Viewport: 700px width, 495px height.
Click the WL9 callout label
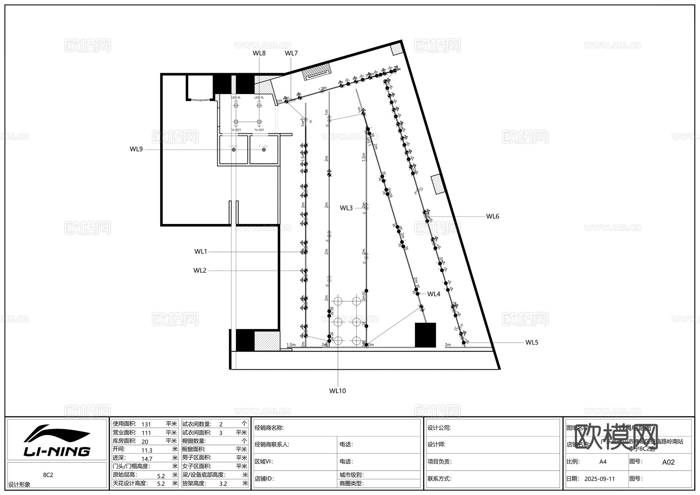(136, 149)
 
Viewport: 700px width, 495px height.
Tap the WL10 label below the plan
(337, 391)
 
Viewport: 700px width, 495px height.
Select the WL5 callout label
(532, 343)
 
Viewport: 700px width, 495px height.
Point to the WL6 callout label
(492, 217)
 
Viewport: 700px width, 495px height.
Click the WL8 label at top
(259, 53)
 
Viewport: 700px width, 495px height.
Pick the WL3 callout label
(346, 208)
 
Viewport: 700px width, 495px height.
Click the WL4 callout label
(434, 294)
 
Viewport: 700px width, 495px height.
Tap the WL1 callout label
(201, 252)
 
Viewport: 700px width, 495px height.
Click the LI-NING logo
(57, 441)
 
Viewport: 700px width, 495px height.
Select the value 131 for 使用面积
(146, 424)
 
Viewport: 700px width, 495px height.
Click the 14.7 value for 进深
(147, 459)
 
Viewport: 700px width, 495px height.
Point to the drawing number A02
(668, 462)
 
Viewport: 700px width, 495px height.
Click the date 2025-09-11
(599, 479)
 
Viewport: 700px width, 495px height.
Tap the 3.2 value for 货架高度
(223, 484)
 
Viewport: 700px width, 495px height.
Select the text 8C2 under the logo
(48, 475)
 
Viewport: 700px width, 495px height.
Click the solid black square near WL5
(425, 335)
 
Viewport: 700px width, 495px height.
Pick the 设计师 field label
(436, 444)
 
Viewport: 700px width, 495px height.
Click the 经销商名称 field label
(269, 428)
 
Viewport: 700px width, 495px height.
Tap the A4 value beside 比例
(602, 462)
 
